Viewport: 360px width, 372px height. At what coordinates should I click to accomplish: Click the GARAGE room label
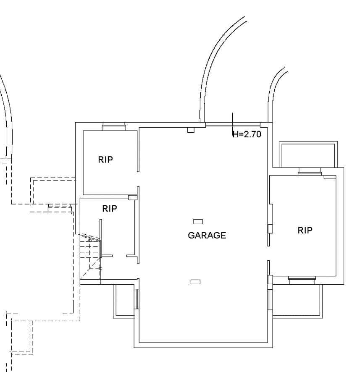(207, 236)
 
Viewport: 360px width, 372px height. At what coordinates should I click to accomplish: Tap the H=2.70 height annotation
(247, 134)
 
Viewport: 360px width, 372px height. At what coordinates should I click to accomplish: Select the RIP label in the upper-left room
(105, 160)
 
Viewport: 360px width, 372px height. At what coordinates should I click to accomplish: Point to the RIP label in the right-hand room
(305, 230)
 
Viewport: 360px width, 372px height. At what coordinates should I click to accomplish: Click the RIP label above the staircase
(109, 209)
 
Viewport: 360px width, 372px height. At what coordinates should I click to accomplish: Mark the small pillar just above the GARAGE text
(198, 222)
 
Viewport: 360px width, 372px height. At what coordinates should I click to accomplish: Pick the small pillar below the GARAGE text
(195, 282)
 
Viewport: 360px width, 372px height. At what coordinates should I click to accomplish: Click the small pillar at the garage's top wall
(191, 130)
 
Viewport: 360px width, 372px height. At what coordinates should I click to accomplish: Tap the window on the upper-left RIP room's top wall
(114, 126)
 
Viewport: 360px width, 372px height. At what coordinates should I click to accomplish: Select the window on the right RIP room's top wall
(310, 171)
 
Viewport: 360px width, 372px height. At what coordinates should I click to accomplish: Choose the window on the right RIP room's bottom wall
(302, 280)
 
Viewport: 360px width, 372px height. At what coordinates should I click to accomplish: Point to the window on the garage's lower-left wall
(137, 299)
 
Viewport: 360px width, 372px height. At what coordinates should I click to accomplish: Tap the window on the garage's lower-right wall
(270, 300)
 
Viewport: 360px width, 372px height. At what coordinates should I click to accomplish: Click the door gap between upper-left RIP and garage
(138, 179)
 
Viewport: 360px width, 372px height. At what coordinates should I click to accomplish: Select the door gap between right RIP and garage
(269, 253)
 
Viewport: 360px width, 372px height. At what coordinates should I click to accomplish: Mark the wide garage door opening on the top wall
(233, 125)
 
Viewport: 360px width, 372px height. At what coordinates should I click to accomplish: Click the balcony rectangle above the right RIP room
(308, 155)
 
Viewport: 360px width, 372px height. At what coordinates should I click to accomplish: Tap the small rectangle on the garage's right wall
(270, 229)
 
